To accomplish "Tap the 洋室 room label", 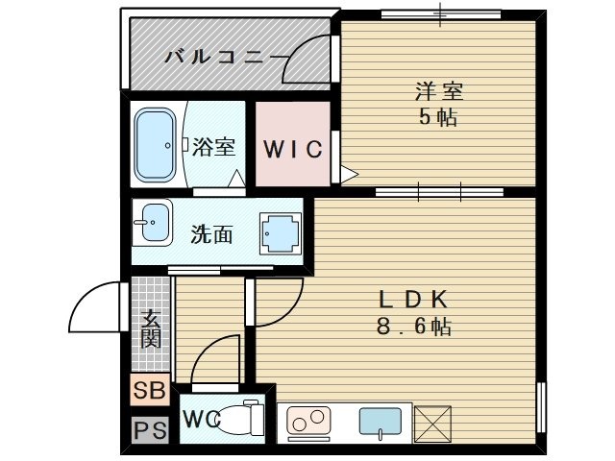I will (x=439, y=93).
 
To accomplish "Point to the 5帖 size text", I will (x=439, y=118).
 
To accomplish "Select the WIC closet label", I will (x=292, y=150).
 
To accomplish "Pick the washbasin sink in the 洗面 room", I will (x=153, y=225).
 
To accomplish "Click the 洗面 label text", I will (x=210, y=232).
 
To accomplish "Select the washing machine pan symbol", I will (x=279, y=231).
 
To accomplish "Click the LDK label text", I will (x=414, y=299).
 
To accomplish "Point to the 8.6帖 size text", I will (x=414, y=326).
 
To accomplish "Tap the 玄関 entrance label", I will (x=151, y=328).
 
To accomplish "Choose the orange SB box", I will (x=150, y=391).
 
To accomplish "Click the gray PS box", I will (x=150, y=429).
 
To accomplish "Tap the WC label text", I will (x=202, y=420).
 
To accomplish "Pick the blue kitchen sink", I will (x=380, y=422).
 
